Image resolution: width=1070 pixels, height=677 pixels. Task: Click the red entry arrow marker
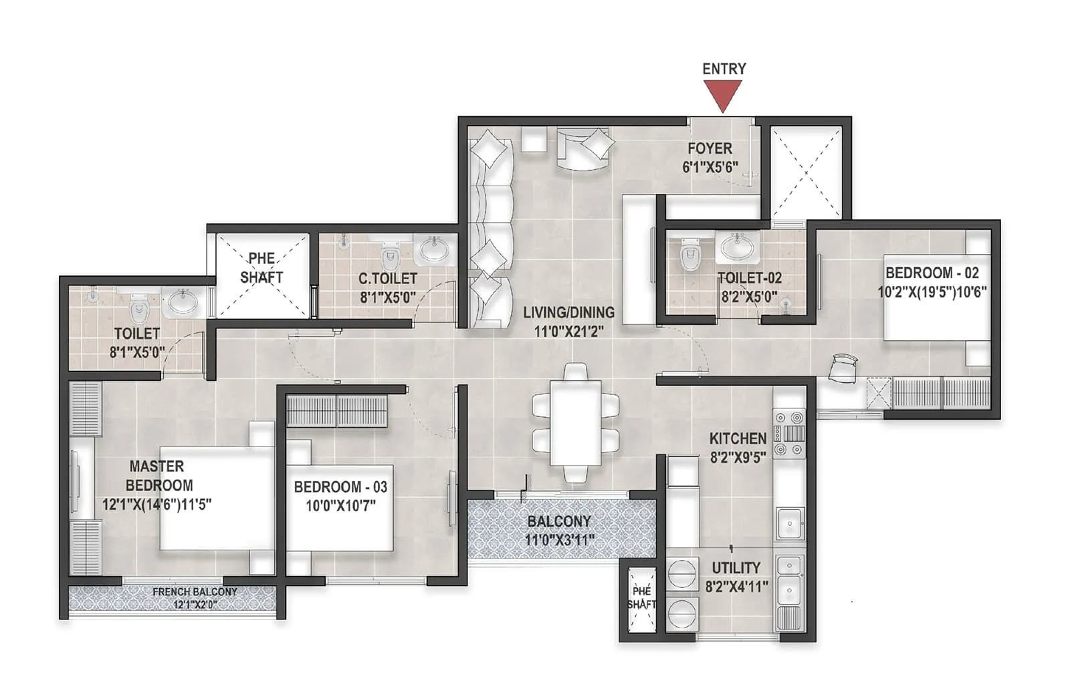pos(723,94)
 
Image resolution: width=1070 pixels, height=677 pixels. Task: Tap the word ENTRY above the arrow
pos(724,68)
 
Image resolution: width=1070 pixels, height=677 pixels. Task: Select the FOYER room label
pos(710,148)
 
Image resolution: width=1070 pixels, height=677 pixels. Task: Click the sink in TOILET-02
pos(738,247)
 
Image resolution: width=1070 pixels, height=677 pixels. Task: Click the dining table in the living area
pos(575,422)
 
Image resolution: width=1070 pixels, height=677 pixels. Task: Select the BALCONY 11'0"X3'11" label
pos(559,530)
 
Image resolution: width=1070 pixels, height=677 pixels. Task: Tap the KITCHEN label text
pos(738,438)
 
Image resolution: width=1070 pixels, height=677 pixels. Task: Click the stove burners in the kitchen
pos(789,433)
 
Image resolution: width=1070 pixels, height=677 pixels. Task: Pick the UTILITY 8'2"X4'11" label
pos(736,577)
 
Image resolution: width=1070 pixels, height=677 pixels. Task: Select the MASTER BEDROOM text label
pos(158,476)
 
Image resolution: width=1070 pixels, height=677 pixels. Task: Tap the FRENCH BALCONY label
pos(194,592)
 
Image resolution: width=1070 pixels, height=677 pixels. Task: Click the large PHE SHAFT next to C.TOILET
pos(261,275)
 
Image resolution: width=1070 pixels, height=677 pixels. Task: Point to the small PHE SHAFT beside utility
pos(641,598)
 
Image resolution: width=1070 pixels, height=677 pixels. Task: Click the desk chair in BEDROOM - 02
pos(843,368)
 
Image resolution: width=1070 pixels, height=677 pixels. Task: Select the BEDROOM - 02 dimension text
pos(932,291)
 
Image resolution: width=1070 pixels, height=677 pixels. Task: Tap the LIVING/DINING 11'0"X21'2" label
pos(568,321)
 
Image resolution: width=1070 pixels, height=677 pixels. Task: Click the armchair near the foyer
pos(585,149)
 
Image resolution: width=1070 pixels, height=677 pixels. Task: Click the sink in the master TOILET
pos(181,303)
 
